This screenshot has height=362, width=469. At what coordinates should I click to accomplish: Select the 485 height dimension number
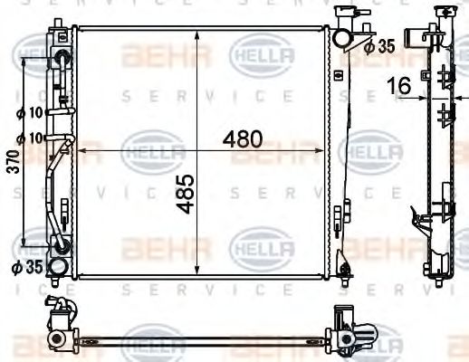pyautogui.click(x=185, y=194)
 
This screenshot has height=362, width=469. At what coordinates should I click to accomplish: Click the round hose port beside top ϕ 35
pyautogui.click(x=340, y=38)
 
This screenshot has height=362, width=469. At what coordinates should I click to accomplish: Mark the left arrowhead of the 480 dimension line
pyautogui.click(x=79, y=151)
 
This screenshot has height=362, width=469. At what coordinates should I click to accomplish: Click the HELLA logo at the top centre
pyautogui.click(x=262, y=55)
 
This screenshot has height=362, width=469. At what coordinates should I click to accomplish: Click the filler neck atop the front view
pyautogui.click(x=343, y=16)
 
